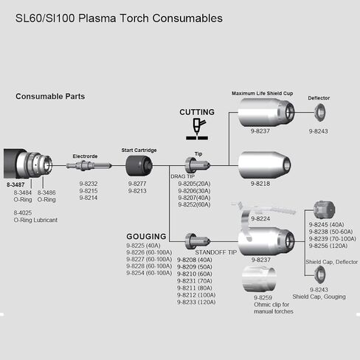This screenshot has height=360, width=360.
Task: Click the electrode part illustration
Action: [89, 165]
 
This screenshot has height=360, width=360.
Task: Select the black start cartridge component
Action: [139, 166]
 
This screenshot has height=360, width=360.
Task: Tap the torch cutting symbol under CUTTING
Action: [197, 129]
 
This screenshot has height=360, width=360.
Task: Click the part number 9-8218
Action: [260, 184]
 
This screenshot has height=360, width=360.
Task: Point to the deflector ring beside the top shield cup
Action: [320, 112]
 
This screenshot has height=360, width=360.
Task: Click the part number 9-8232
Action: [89, 184]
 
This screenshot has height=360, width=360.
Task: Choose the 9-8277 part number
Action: [137, 184]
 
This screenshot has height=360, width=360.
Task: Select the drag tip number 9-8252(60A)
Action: [194, 204]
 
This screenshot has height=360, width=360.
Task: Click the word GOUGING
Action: [146, 236]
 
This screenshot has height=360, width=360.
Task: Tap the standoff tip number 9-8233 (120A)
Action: [196, 302]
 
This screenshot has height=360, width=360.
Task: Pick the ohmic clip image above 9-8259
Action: [259, 280]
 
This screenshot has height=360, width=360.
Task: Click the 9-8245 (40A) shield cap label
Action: [326, 224]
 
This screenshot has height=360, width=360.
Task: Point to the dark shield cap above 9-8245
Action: [325, 210]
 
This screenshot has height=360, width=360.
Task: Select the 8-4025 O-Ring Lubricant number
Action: [23, 212]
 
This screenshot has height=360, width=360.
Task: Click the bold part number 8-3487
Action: [15, 184]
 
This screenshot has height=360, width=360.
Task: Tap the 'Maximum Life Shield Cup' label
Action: [263, 94]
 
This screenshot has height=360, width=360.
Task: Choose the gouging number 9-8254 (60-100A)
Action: [149, 273]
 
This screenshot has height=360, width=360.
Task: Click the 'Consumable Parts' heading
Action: [50, 97]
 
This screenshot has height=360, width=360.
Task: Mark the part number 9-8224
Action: [260, 218]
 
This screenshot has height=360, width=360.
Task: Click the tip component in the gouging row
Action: [198, 241]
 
